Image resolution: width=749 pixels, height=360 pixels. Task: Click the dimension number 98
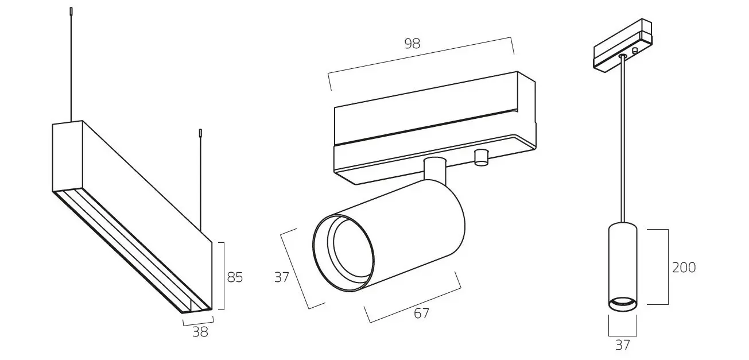(x=412, y=44)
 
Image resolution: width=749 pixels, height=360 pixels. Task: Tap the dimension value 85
(x=235, y=277)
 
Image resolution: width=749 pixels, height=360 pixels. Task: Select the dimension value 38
(x=200, y=332)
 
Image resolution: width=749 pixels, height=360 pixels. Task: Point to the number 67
(x=421, y=313)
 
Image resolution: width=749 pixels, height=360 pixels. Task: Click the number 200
(x=684, y=268)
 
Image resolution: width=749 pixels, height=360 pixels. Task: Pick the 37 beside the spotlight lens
(x=281, y=277)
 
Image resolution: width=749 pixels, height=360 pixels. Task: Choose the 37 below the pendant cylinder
(x=622, y=345)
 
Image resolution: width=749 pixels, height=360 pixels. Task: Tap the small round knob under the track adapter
(x=481, y=157)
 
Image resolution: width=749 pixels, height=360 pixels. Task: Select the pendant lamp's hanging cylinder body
(x=622, y=261)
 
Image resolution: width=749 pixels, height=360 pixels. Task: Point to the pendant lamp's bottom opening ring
(x=622, y=304)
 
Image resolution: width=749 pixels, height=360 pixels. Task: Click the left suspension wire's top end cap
(x=71, y=11)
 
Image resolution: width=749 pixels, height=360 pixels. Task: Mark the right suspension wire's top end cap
(x=200, y=133)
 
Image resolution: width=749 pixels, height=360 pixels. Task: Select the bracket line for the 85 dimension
(x=223, y=276)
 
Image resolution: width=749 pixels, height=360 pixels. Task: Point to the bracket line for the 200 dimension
(x=668, y=267)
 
